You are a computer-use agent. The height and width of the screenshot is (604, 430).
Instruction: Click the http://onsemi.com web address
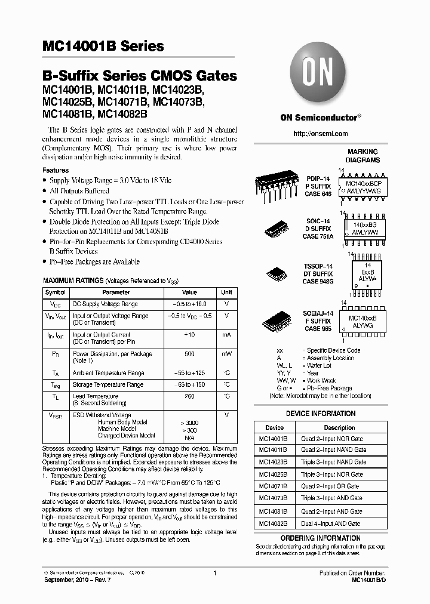click(x=320, y=134)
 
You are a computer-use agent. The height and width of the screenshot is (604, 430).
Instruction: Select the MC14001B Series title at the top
click(x=103, y=46)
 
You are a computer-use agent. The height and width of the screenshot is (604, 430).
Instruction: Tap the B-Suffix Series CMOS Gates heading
click(x=139, y=76)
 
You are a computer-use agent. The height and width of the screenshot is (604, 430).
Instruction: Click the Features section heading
click(x=55, y=170)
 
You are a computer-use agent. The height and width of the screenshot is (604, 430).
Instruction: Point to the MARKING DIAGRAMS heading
click(x=363, y=156)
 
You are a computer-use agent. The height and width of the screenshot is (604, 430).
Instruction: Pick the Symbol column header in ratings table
click(x=56, y=292)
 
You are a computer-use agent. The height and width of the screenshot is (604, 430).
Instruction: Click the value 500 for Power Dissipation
click(x=189, y=354)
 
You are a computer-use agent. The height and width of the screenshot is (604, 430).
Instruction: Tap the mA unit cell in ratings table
click(x=226, y=335)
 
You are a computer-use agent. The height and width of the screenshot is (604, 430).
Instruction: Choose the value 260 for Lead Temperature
click(x=189, y=396)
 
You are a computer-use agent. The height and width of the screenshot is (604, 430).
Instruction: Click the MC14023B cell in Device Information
click(x=274, y=462)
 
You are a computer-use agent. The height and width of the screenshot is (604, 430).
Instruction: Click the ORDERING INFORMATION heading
click(x=320, y=538)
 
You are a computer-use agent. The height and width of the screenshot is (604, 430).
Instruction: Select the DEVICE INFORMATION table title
click(x=320, y=414)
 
